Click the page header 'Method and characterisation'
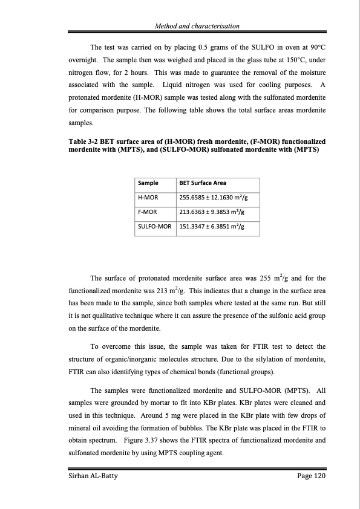(x=197, y=26)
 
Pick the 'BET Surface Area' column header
(x=201, y=183)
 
